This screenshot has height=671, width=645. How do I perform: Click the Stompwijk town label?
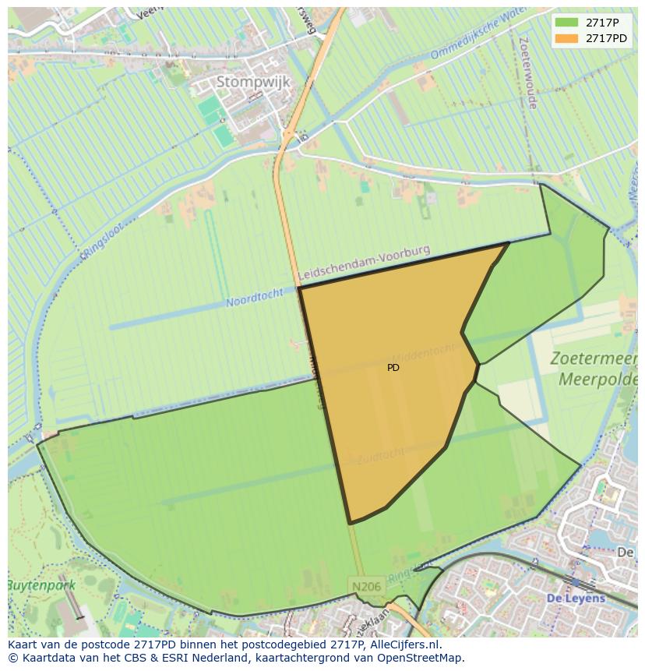[x=252, y=82]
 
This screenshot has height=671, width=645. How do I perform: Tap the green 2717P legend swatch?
[x=567, y=23]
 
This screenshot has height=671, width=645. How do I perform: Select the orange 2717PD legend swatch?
[x=567, y=38]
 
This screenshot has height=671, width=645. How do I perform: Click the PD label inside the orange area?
[x=393, y=367]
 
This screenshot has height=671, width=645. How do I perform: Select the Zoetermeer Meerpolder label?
[x=593, y=369]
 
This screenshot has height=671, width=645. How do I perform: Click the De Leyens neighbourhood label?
[x=575, y=599]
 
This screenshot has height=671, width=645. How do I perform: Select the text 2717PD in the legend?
[x=606, y=38]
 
